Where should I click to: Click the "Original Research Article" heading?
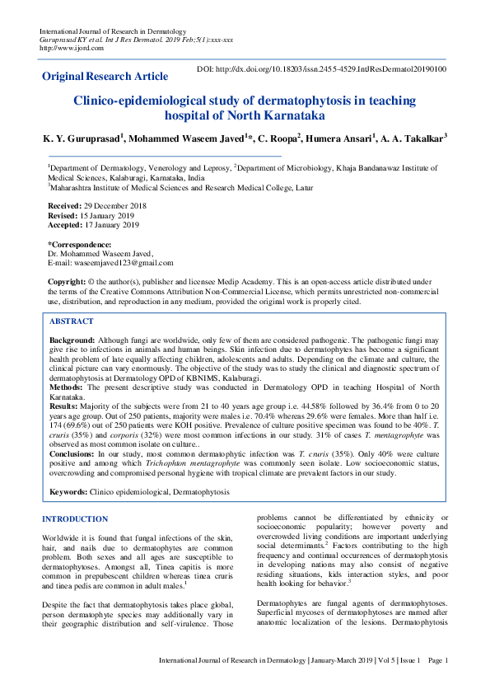coord(104,77)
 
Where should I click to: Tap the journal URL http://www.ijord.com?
coord(72,48)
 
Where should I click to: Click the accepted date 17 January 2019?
coord(111,224)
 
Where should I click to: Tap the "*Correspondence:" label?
coord(79,245)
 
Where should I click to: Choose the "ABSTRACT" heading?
coord(72,321)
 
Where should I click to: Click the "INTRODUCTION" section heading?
coord(74,519)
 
